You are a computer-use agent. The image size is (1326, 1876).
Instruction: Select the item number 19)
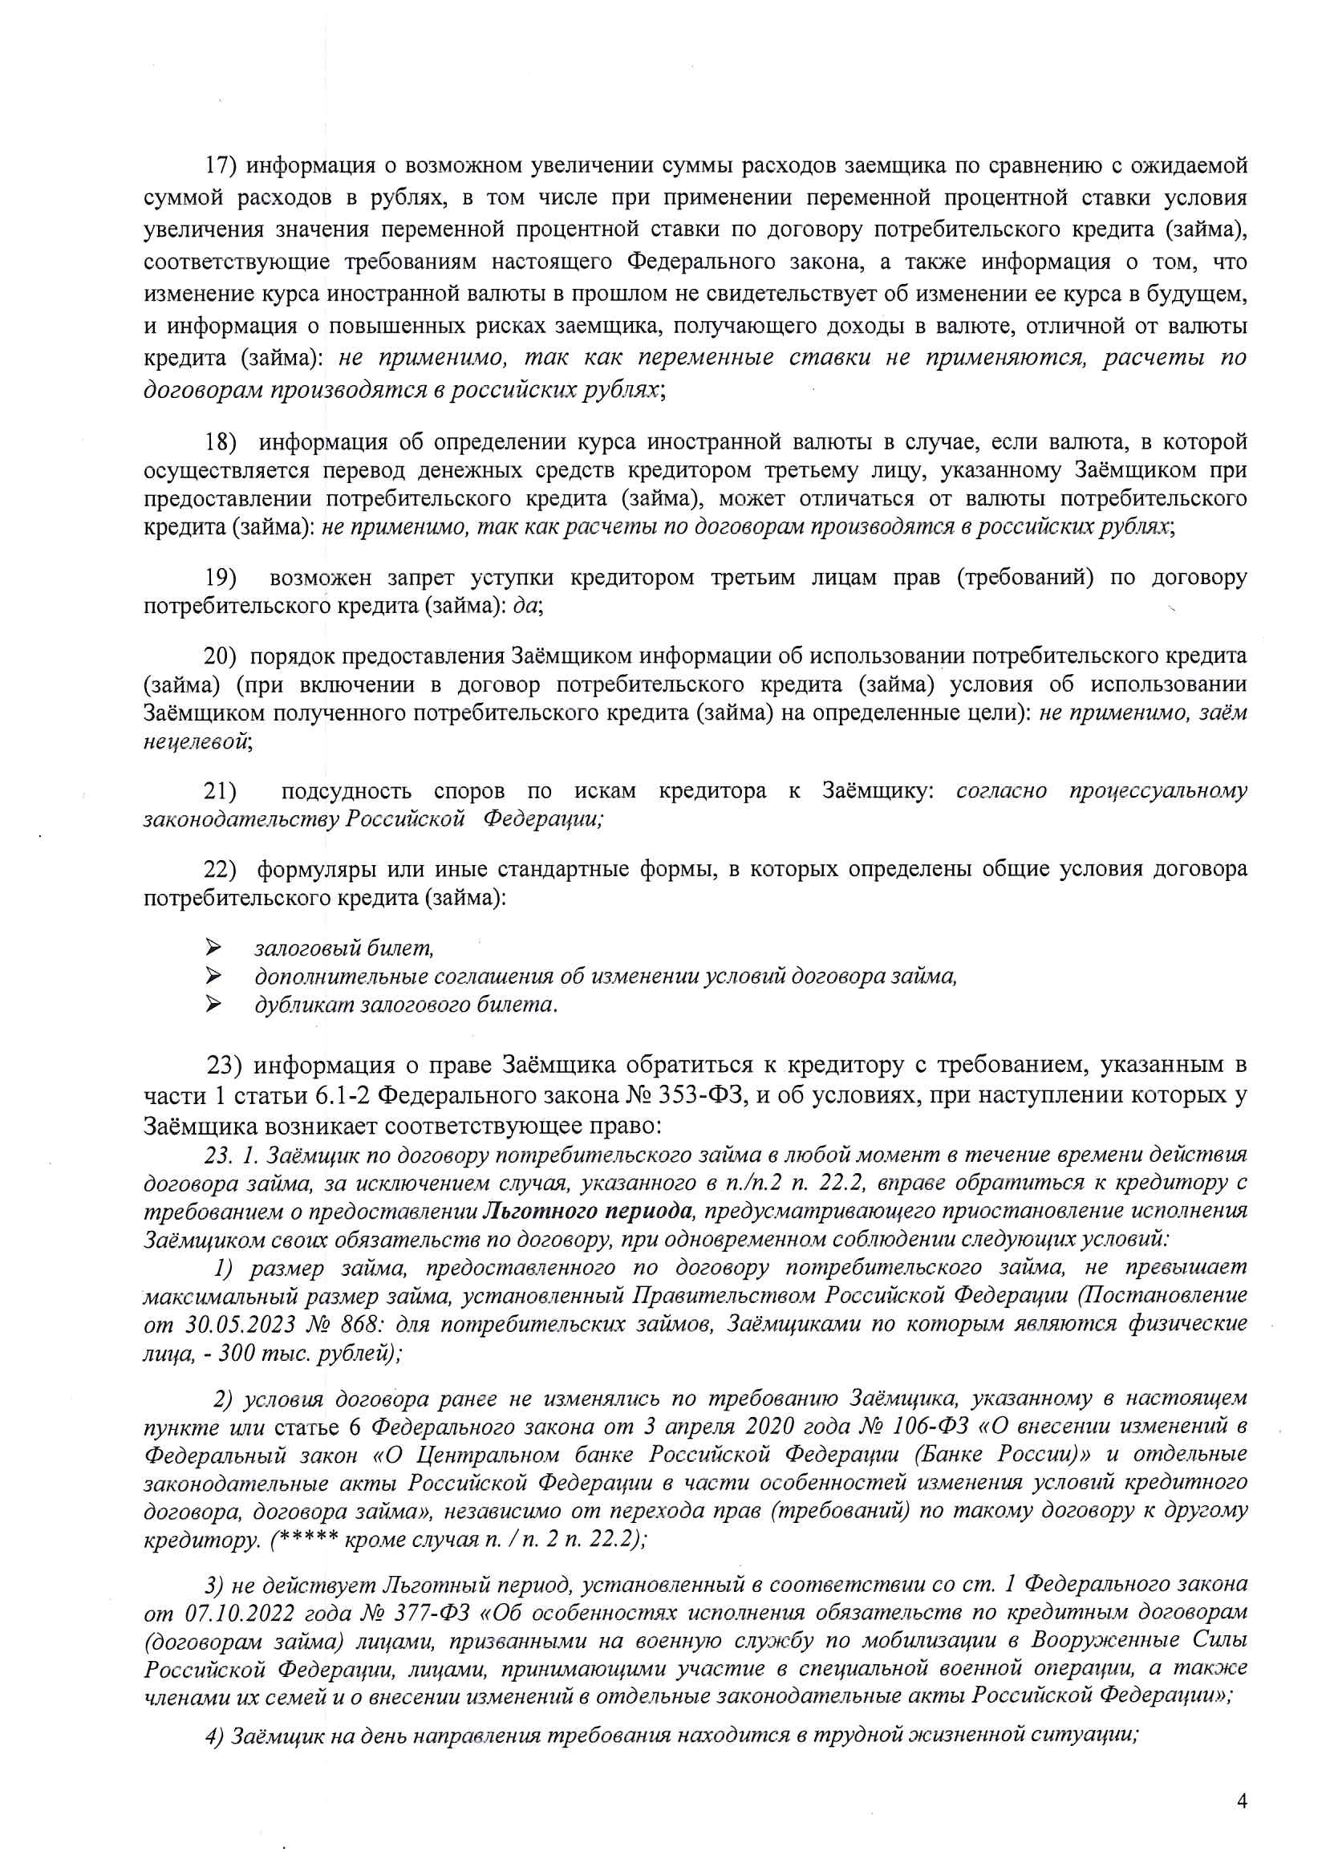pos(220,578)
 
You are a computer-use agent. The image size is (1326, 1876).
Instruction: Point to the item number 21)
pos(220,790)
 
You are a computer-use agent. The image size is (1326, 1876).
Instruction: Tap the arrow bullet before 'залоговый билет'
pos(213,948)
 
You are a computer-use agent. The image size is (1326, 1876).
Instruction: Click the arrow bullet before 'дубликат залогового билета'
pos(213,1004)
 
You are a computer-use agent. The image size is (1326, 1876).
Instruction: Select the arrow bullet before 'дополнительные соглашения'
pos(213,976)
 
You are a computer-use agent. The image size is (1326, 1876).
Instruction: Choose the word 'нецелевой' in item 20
pos(196,742)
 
